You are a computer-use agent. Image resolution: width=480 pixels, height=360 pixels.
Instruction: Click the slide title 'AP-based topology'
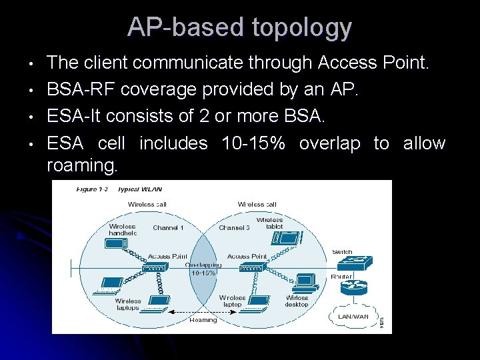(239, 27)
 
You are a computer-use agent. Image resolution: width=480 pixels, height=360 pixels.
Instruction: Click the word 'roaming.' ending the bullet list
(82, 166)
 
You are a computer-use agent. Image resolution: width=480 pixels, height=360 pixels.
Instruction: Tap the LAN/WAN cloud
(354, 316)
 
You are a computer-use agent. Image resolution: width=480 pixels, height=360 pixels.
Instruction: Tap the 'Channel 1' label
(168, 228)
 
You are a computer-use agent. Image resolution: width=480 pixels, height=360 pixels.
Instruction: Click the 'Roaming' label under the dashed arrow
(203, 320)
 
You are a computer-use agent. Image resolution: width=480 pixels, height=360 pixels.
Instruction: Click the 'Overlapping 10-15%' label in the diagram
(203, 269)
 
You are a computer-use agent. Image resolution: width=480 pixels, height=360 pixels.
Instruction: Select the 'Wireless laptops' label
(127, 305)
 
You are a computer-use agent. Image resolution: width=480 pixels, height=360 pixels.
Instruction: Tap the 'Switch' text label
(342, 252)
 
